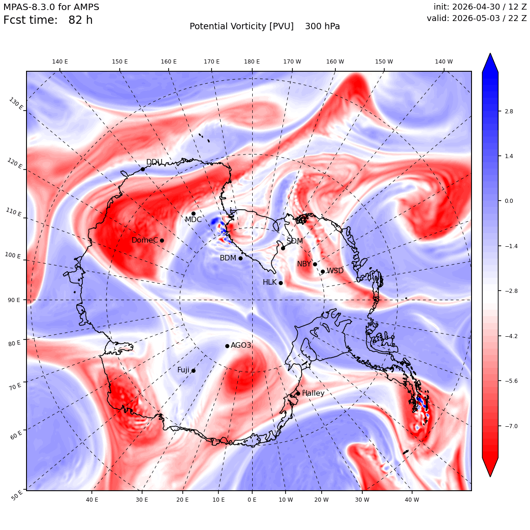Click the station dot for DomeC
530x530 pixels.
tap(162, 241)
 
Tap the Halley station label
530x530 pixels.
tap(313, 393)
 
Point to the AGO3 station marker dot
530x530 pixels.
tap(228, 346)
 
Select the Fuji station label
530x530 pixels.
tap(184, 370)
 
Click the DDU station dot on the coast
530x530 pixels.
tap(143, 169)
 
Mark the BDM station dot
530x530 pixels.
tap(241, 258)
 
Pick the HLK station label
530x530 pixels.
tap(270, 282)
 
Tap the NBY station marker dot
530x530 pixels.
tap(315, 265)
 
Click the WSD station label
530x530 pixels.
tap(335, 271)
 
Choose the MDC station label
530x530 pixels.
tap(193, 219)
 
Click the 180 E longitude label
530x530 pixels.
tap(252, 62)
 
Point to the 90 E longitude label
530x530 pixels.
tap(14, 300)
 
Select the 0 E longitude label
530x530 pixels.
tap(252, 499)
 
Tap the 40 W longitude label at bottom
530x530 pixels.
tap(412, 499)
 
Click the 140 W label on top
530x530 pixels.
tap(444, 62)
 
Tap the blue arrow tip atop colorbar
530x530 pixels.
tap(490, 53)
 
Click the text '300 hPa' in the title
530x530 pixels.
tap(323, 26)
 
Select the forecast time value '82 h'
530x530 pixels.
tap(80, 20)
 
